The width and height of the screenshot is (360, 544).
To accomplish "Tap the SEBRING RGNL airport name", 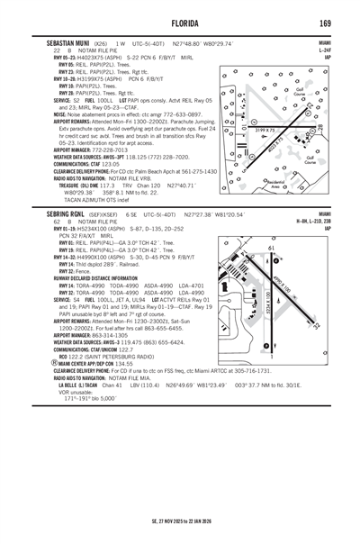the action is point(65,215).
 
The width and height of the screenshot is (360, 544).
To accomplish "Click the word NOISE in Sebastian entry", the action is point(60,115).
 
